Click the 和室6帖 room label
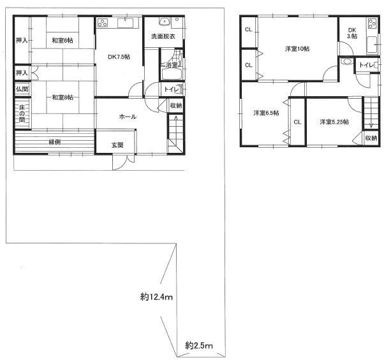pos(63,40)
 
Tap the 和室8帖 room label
pos(63,97)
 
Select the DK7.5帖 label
pos(119,57)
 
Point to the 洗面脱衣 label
pos(163,36)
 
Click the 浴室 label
pos(172,65)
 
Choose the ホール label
pos(128,117)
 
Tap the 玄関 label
pos(117,145)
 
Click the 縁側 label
pos(55,141)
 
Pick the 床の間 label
pos(22,113)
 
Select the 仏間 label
pos(22,89)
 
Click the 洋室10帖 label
pos(297,48)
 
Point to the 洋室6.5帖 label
pos(266,113)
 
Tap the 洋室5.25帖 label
pos(334,122)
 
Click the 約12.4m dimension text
pos(156,297)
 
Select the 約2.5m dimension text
pos(199,345)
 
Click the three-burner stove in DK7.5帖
pos(103,23)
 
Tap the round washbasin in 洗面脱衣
pos(164,22)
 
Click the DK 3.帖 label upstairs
pos(352,33)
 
